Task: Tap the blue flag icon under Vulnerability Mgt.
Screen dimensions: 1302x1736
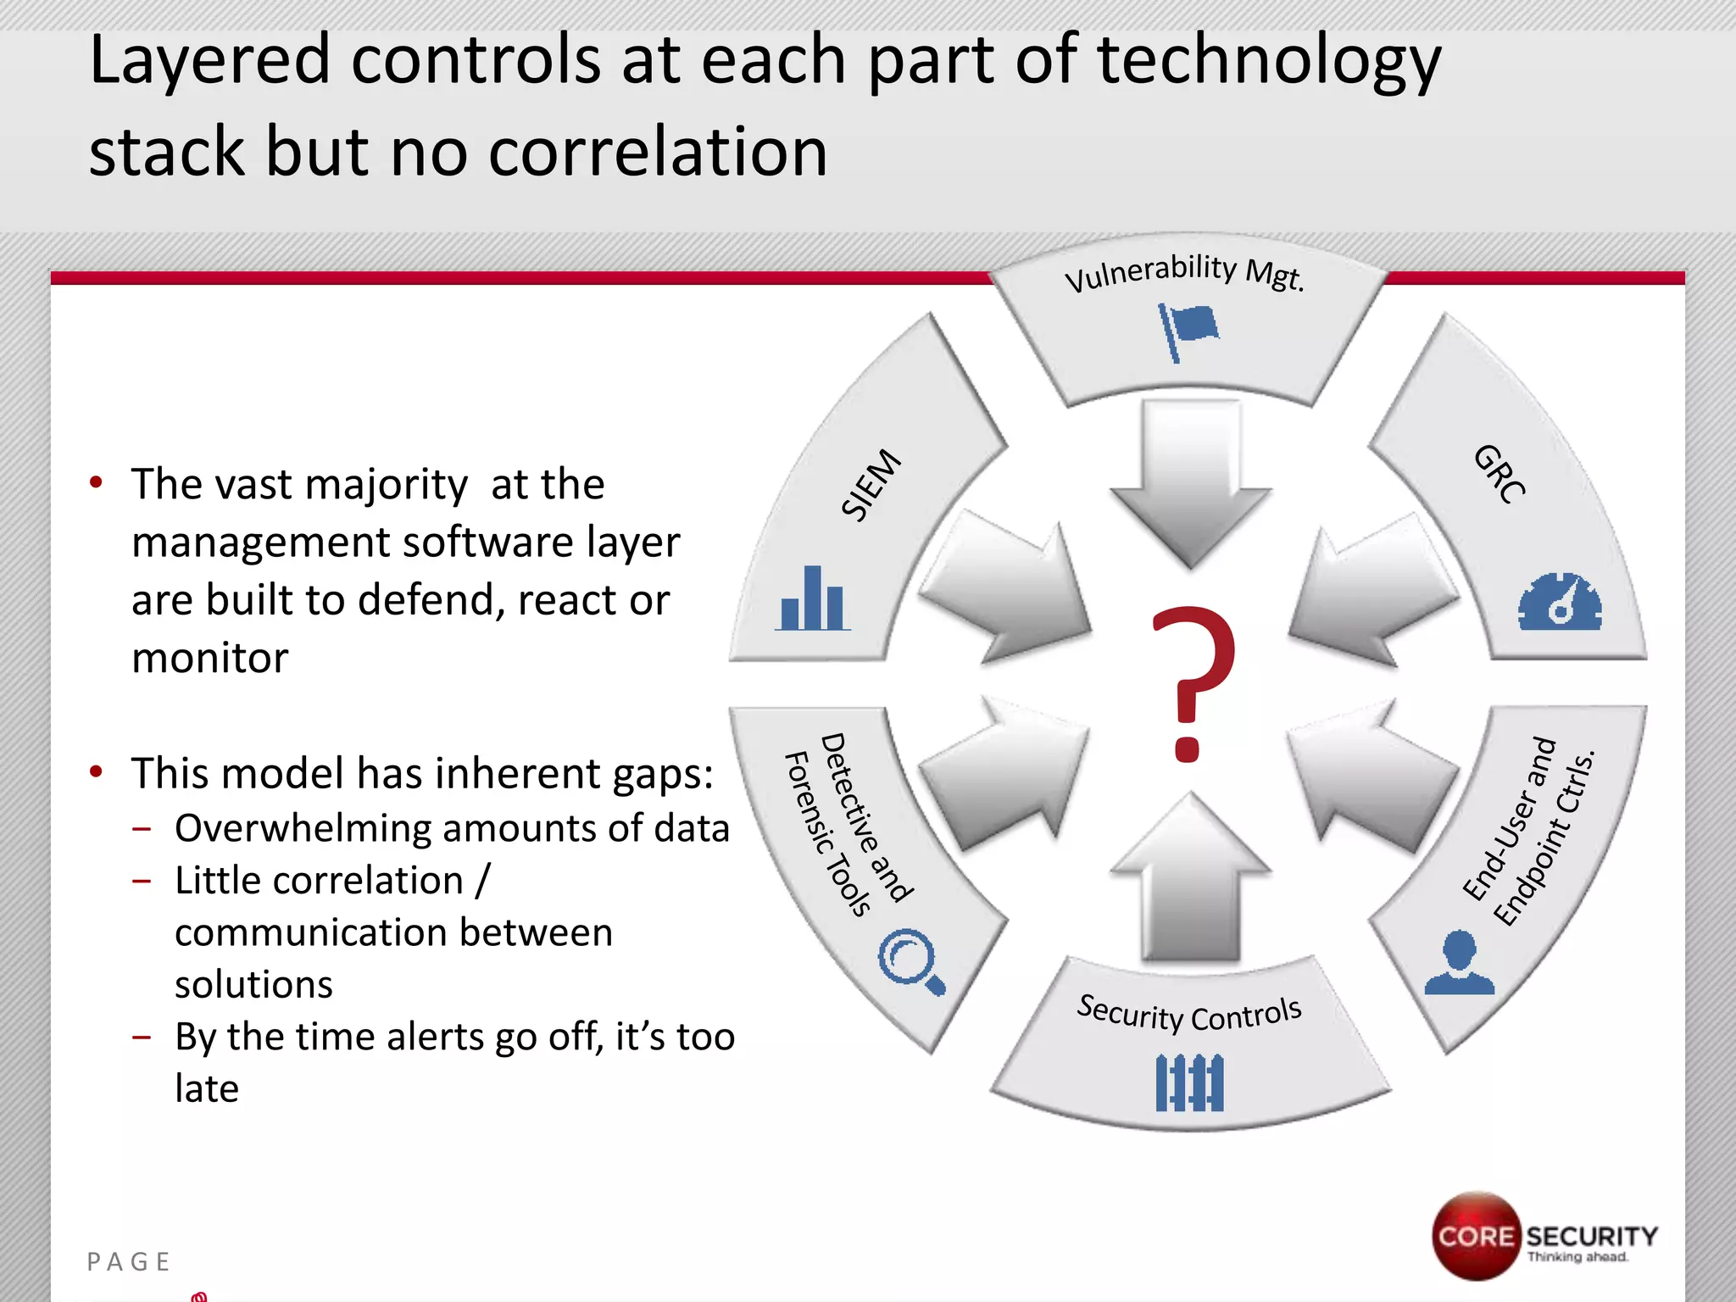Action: point(1188,331)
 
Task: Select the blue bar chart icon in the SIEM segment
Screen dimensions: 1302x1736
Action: point(812,599)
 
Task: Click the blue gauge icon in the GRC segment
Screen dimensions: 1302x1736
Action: point(1560,603)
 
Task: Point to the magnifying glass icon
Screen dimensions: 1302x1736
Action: point(910,961)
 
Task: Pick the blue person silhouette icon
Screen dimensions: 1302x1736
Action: point(1459,963)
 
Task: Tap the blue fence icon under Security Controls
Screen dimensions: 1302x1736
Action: point(1189,1082)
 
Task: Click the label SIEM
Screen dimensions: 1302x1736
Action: point(871,484)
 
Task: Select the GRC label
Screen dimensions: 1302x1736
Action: point(1500,474)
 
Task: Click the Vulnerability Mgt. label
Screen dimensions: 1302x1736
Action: point(1184,273)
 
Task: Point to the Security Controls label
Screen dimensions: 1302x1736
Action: point(1188,1014)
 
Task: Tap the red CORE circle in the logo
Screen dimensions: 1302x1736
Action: point(1476,1236)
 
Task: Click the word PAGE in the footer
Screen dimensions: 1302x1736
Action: point(129,1262)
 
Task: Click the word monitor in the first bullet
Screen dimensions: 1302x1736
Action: point(210,658)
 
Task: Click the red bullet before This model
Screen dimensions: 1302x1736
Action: point(97,772)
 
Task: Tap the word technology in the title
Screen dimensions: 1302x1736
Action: point(1268,61)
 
